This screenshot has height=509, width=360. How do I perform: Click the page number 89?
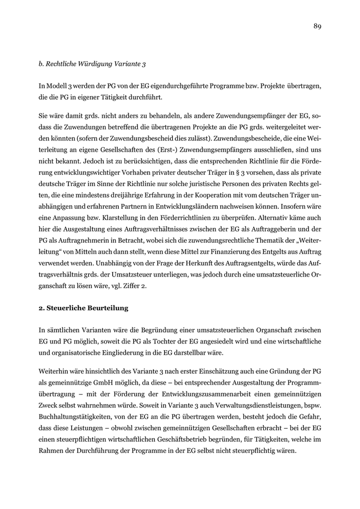click(x=317, y=27)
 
